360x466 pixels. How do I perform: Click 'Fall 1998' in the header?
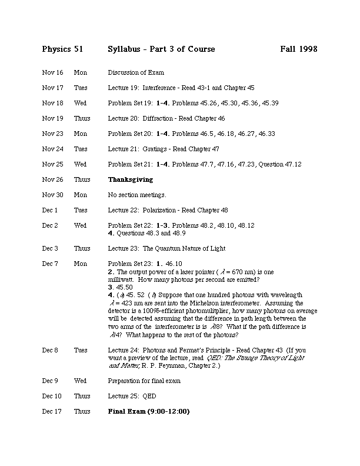(299, 49)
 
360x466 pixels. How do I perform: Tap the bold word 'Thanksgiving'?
(130, 179)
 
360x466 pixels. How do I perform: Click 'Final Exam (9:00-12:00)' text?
(149, 411)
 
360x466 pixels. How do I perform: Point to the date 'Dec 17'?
(51, 411)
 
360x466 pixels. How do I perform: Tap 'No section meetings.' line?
(137, 195)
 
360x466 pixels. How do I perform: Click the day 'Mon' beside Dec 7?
(80, 264)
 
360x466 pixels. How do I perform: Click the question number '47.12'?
(292, 164)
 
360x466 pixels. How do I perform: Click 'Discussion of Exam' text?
(135, 72)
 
